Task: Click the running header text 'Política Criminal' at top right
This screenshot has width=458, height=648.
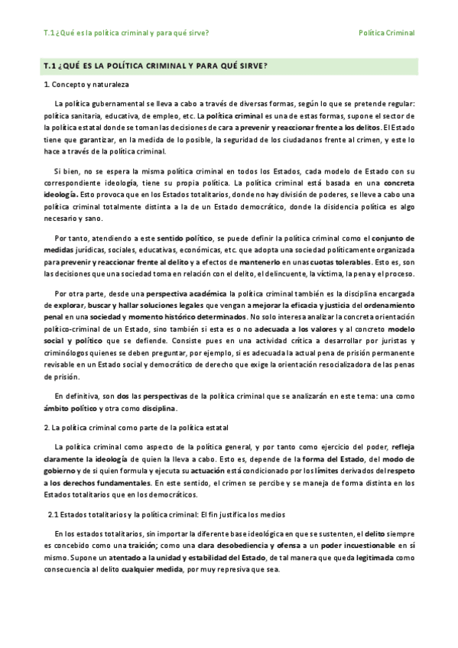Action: pyautogui.click(x=386, y=33)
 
